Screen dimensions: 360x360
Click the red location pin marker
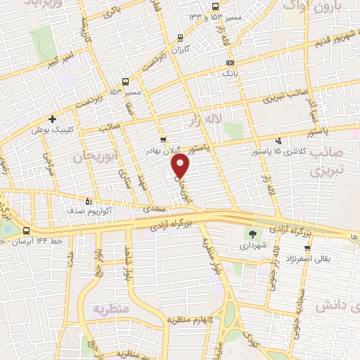coord(181,166)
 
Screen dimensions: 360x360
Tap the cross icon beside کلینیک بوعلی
coord(52,119)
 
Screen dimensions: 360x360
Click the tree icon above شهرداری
coord(253,235)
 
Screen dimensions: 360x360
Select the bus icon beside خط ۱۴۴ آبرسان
coord(27,231)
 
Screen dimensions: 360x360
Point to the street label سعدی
coord(154,209)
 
